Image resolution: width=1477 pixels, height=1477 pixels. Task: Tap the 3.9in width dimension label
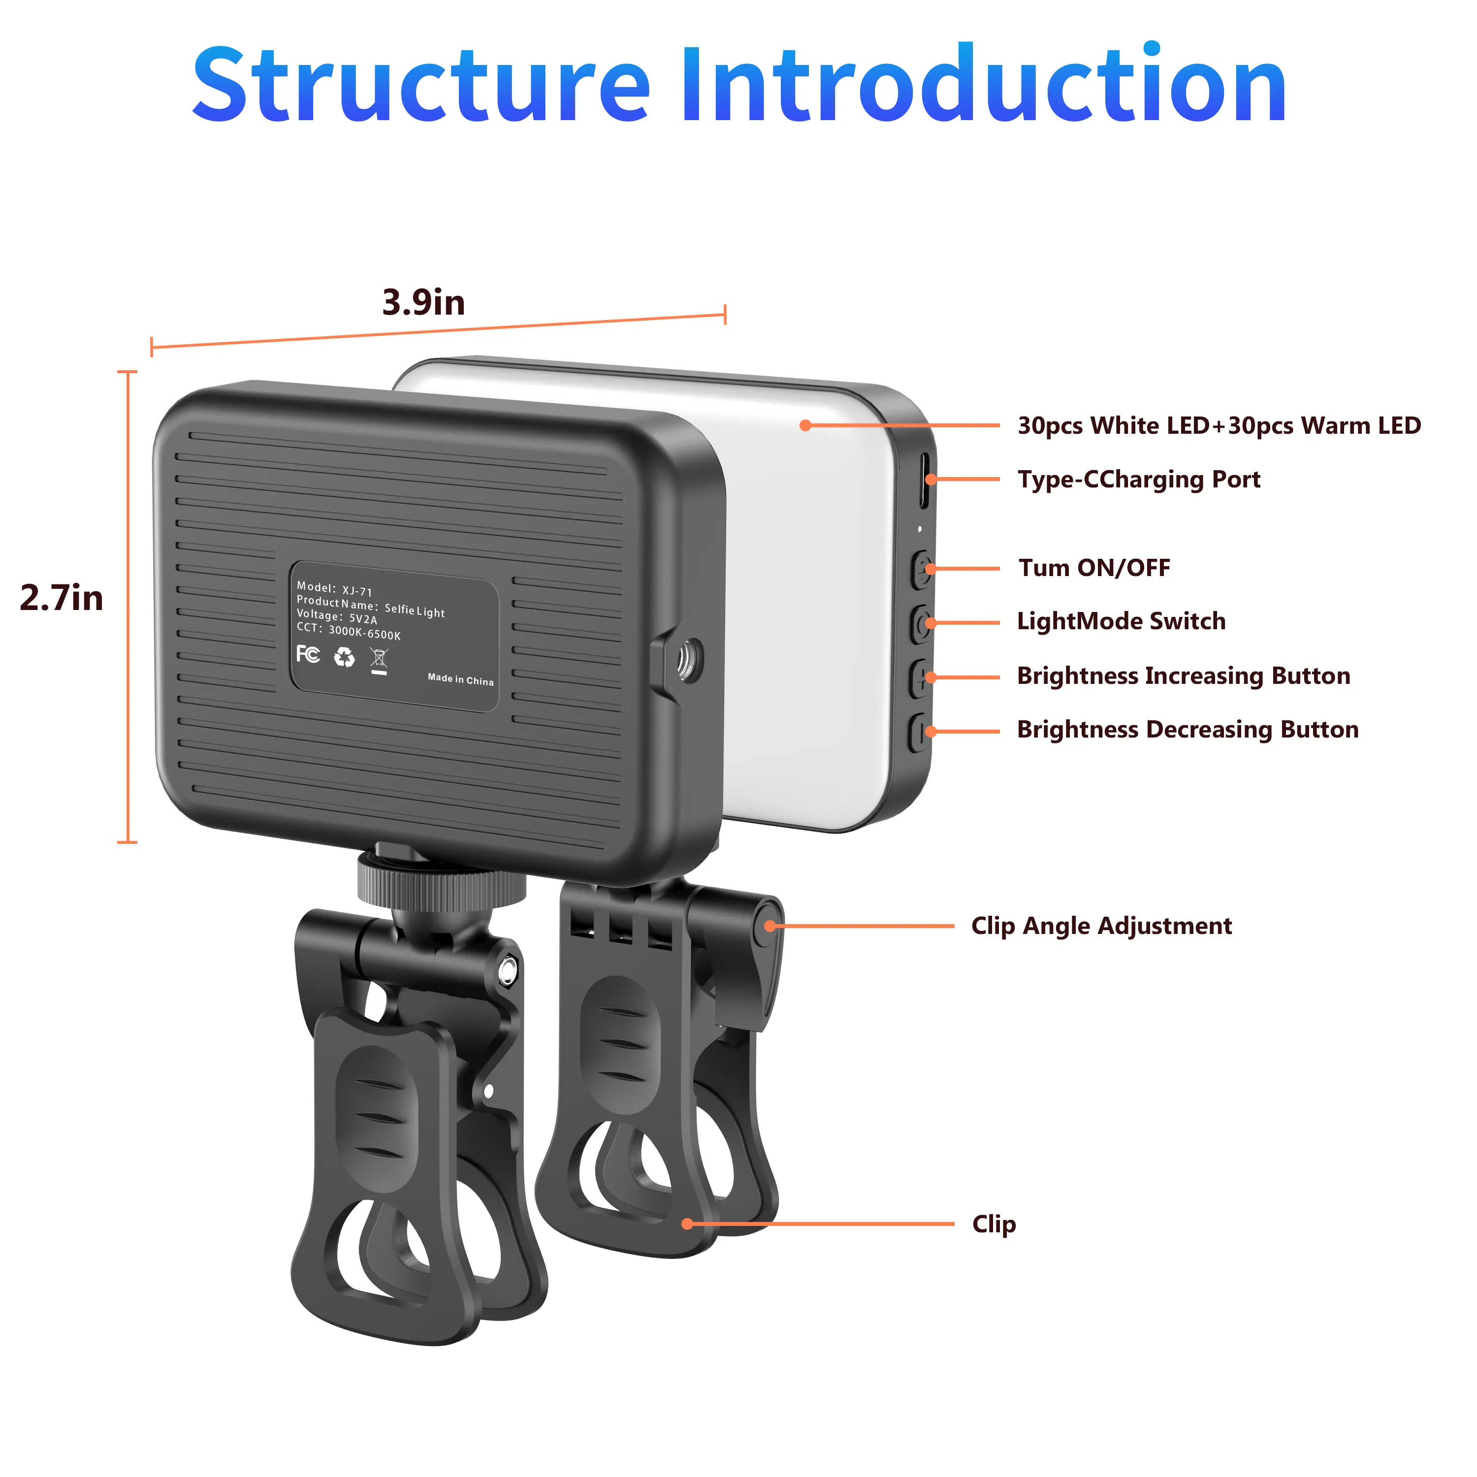tap(423, 303)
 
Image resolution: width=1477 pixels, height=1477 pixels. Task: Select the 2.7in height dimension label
tap(61, 598)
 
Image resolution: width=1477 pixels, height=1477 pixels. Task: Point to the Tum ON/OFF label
tap(1094, 568)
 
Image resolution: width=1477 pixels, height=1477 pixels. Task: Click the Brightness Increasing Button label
tap(1184, 676)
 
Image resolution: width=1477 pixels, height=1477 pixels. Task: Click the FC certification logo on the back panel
tap(308, 654)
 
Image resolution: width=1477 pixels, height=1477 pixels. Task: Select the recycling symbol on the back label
tap(345, 657)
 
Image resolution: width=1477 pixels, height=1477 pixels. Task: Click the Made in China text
tap(461, 679)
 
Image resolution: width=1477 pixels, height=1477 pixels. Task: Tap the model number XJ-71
tap(357, 591)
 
